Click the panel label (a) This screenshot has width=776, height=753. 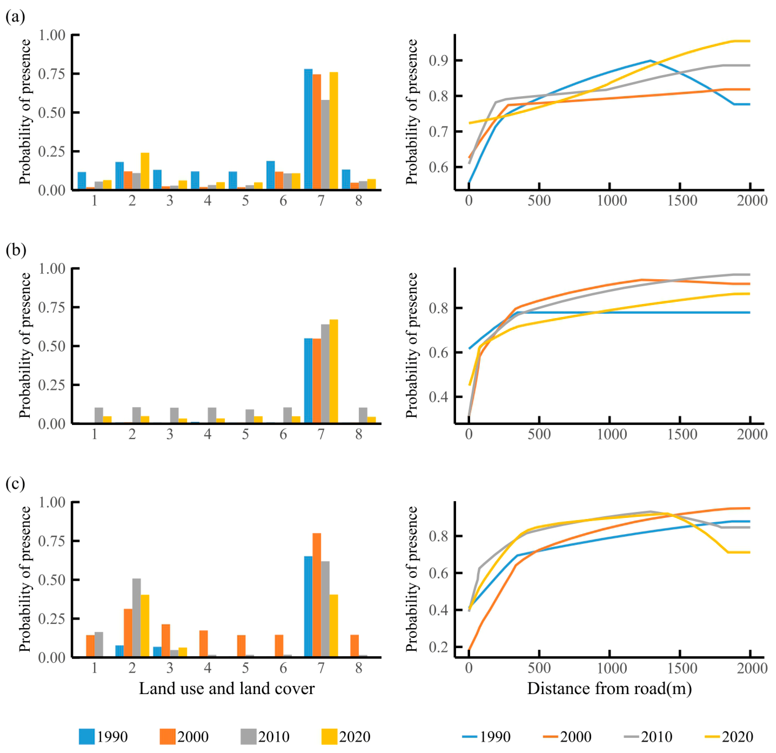coord(15,17)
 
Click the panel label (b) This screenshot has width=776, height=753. coord(15,251)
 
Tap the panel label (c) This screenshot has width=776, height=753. coord(15,484)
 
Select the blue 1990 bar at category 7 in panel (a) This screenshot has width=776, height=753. coord(308,129)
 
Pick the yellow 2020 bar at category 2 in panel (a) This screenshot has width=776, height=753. coord(145,171)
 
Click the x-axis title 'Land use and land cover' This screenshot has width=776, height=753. coord(226,688)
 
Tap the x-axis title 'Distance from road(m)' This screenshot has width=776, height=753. coord(609,688)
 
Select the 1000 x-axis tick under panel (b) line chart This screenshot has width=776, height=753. coord(612,434)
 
